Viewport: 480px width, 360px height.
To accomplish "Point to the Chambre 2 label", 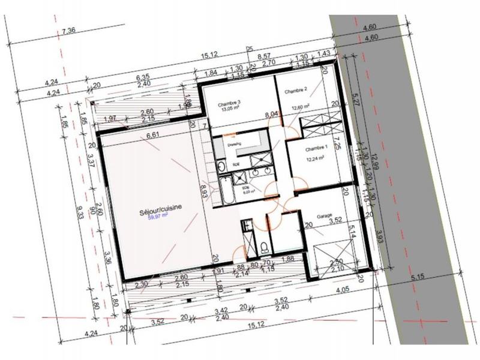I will tap(295, 91).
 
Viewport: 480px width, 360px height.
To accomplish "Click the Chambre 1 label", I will tap(316, 148).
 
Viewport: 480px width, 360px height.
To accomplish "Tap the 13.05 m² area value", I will tap(230, 110).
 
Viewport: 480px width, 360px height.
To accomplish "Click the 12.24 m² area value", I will tap(316, 158).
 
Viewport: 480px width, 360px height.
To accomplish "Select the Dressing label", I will tap(234, 144).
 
